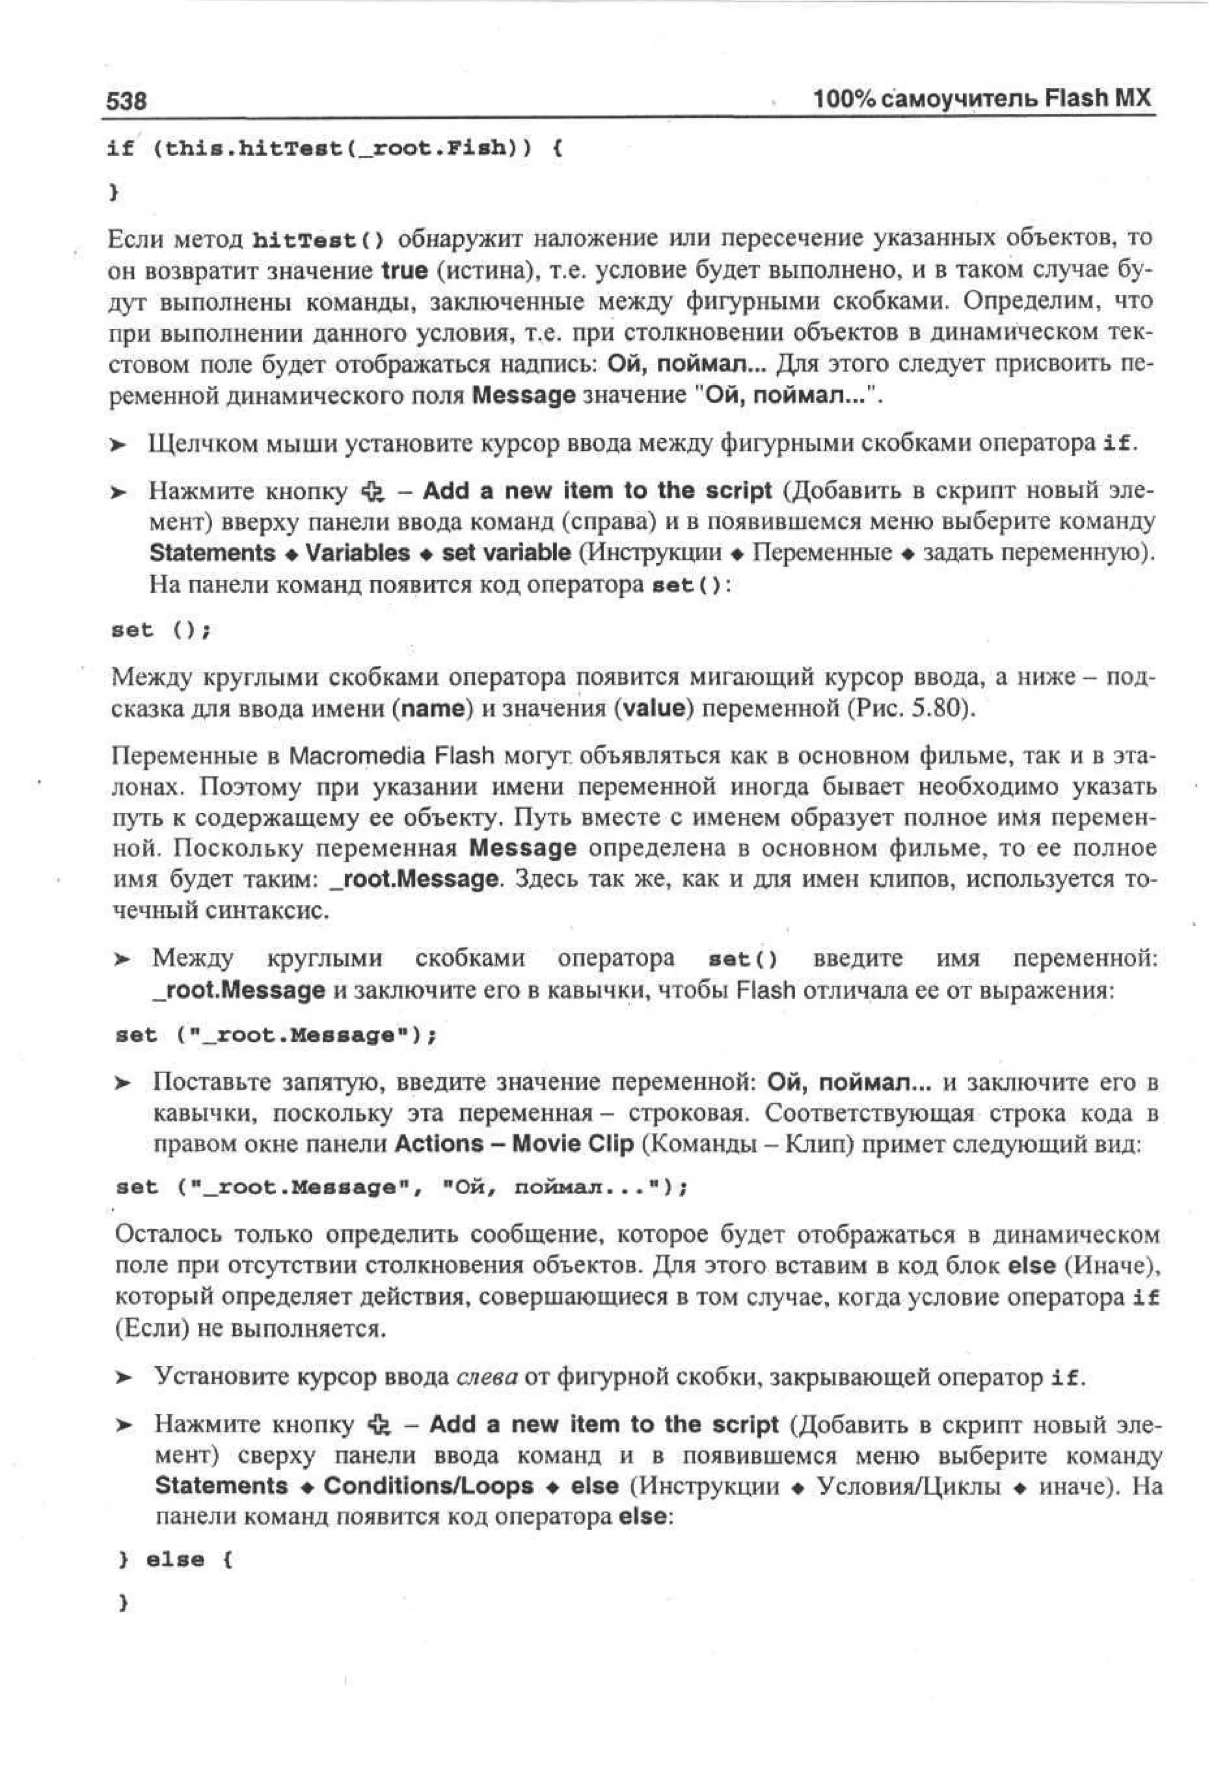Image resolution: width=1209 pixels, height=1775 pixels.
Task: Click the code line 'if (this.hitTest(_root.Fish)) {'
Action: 335,148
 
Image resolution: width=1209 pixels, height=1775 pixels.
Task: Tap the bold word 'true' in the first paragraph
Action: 405,270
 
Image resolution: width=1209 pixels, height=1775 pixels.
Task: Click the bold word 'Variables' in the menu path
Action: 357,553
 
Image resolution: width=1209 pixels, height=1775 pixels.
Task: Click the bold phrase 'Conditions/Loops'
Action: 429,1486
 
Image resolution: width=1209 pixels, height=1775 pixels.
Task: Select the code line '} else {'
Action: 176,1559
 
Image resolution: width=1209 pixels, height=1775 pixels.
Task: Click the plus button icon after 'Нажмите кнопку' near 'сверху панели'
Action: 380,1424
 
